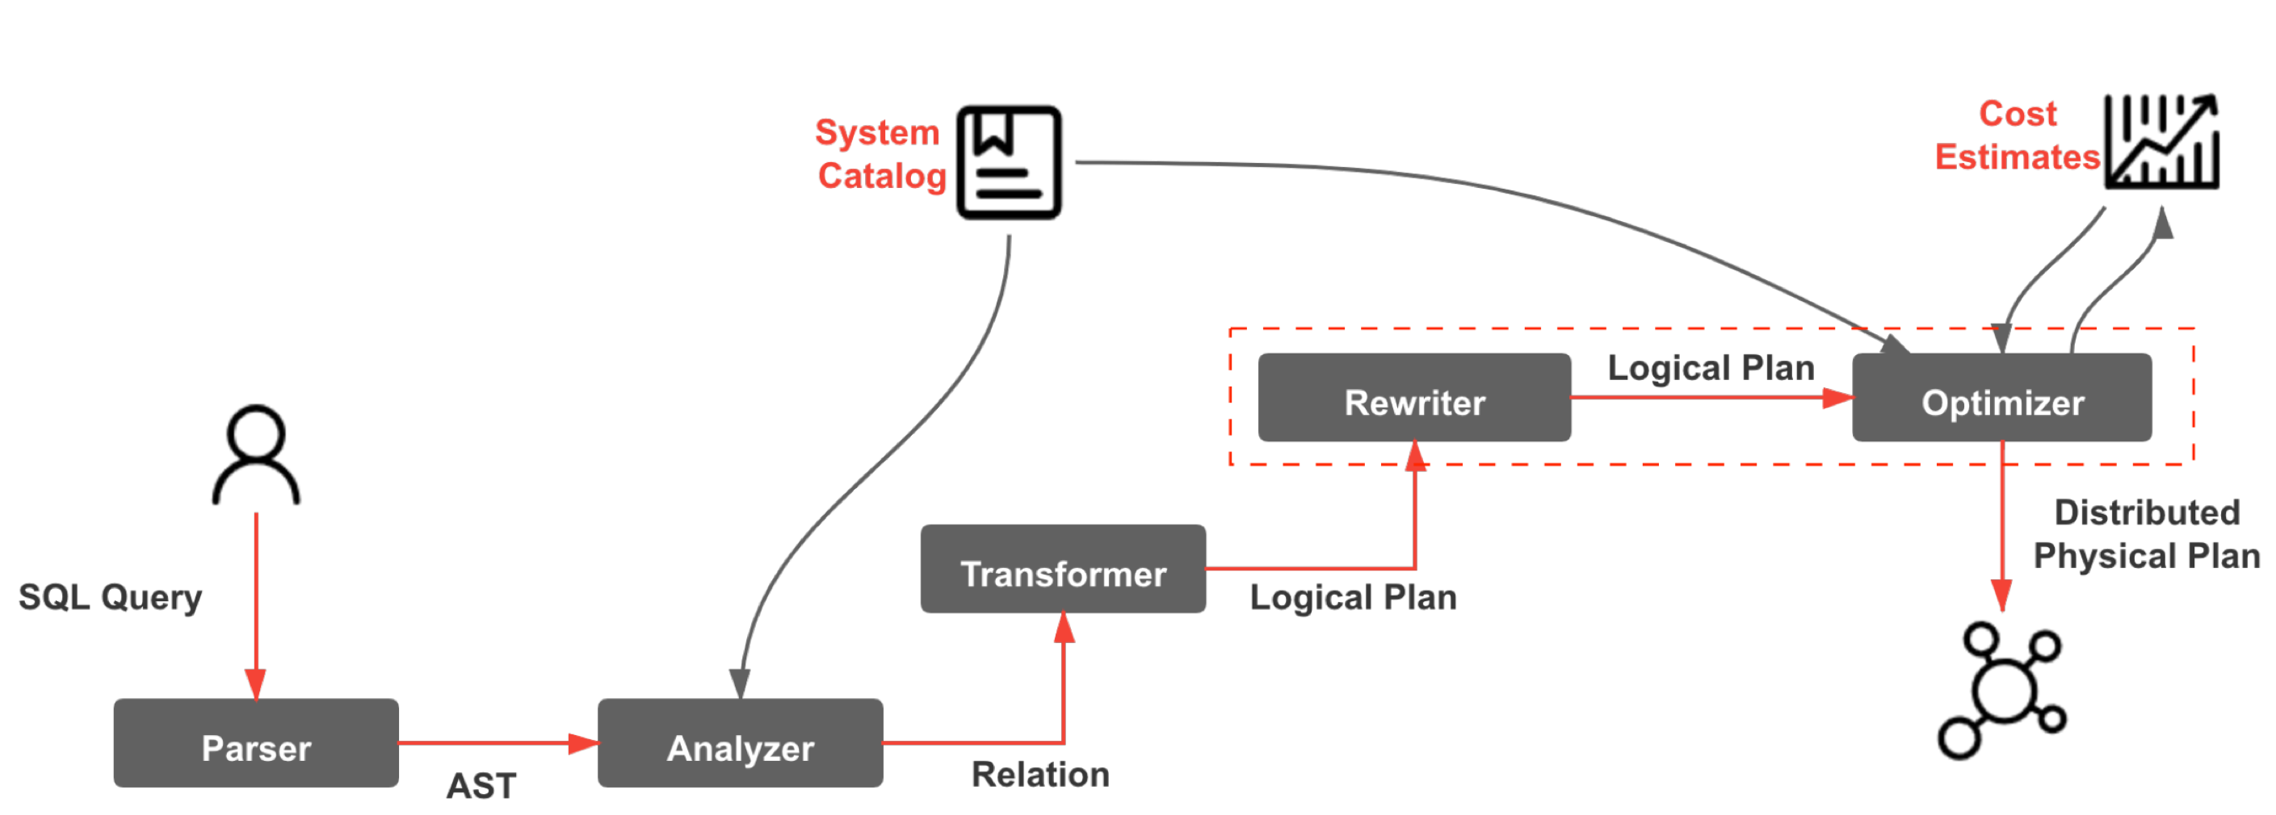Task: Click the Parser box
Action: point(255,742)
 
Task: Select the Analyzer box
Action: point(740,742)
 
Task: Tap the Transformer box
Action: point(1062,569)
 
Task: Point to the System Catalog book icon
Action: point(1008,161)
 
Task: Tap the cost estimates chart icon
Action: point(2161,141)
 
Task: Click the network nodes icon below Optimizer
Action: point(2001,690)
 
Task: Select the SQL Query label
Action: point(111,597)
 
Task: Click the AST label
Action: point(481,785)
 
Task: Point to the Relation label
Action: point(1040,775)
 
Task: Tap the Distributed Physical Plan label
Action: point(2146,534)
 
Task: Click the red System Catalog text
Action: point(880,153)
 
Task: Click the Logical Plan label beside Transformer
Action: point(1353,598)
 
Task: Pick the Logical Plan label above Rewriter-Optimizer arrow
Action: point(1711,367)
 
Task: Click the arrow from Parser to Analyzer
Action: point(495,743)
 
